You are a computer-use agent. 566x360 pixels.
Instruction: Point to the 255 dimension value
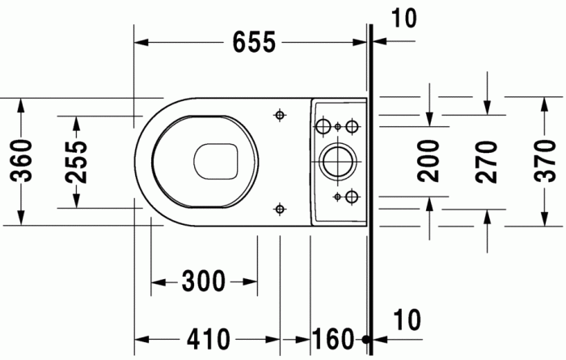point(76,160)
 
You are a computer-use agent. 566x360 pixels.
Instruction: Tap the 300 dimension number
point(204,282)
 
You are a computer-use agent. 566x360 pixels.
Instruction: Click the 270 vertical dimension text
point(487,160)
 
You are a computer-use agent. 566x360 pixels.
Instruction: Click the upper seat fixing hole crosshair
point(280,115)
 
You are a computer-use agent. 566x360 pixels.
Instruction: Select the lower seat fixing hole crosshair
point(280,208)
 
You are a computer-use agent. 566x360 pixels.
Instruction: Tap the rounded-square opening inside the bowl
point(216,161)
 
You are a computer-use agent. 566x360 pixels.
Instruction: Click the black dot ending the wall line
point(368,338)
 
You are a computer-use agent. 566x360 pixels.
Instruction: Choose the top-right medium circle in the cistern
point(351,126)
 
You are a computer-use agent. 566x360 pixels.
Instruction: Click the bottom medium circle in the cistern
point(351,196)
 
